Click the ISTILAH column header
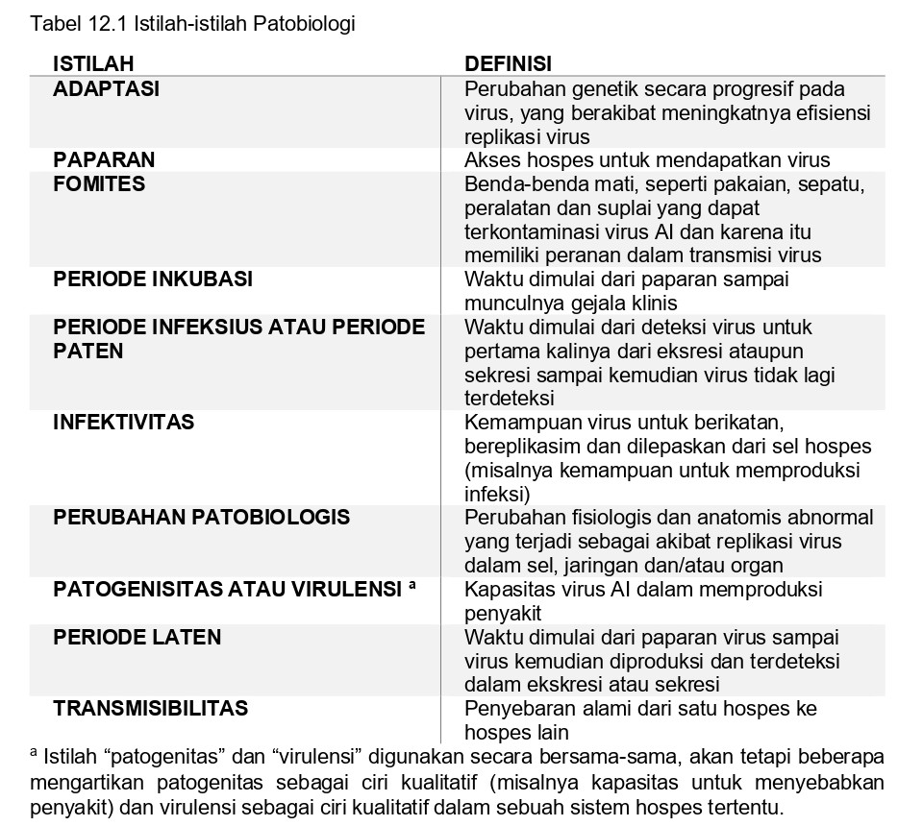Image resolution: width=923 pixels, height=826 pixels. pyautogui.click(x=93, y=64)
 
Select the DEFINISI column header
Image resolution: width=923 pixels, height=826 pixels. pyautogui.click(x=508, y=64)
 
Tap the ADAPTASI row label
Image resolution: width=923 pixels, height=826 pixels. pyautogui.click(x=106, y=89)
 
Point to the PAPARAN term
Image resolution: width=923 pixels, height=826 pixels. pyautogui.click(x=104, y=160)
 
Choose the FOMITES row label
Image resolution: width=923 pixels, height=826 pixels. pyautogui.click(x=99, y=184)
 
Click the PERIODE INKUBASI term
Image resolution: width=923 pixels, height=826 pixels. pyautogui.click(x=153, y=279)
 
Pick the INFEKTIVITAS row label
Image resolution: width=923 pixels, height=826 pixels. pyautogui.click(x=123, y=422)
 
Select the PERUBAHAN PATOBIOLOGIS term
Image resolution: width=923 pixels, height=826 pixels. pyautogui.click(x=201, y=518)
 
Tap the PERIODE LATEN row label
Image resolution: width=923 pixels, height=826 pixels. pyautogui.click(x=137, y=637)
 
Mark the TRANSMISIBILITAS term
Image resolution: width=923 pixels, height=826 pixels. pyautogui.click(x=150, y=709)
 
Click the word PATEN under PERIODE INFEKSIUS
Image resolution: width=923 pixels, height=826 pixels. pyautogui.click(x=88, y=352)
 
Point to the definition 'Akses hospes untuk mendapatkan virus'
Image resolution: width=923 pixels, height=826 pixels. pyautogui.click(x=647, y=160)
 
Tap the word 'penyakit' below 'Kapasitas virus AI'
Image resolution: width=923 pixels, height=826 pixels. pyautogui.click(x=503, y=613)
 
